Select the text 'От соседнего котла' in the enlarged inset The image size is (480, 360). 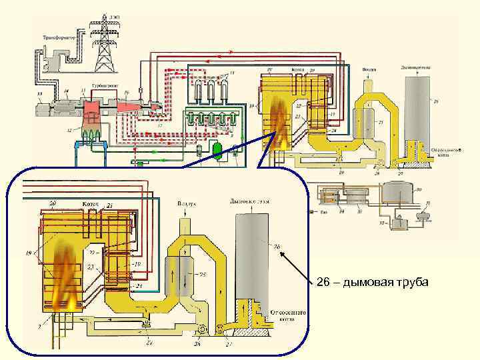pyautogui.click(x=288, y=315)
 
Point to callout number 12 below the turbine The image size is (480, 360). pyautogui.click(x=70, y=130)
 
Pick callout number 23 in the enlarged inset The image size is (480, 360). pyautogui.click(x=91, y=266)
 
